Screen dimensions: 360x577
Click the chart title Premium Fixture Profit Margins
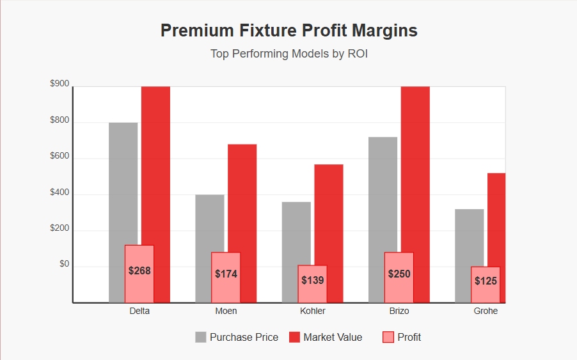coord(288,31)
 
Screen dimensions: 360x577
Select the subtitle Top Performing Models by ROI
coord(288,54)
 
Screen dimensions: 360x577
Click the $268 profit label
coord(139,270)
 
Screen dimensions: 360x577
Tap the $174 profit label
coord(226,274)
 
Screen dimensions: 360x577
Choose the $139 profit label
coord(312,280)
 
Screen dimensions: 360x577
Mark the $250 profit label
coord(399,274)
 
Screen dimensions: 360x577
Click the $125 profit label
coord(486,281)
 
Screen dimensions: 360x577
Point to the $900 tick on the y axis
coord(59,84)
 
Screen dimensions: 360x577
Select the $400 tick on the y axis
coord(59,192)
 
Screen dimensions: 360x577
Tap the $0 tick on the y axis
coord(64,264)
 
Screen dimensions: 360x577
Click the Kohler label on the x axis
coord(312,311)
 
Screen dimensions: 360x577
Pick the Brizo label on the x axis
coord(399,311)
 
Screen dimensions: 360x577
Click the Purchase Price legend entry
coord(237,337)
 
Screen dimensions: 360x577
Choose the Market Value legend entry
coord(326,337)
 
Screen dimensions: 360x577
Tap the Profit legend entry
coord(402,337)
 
